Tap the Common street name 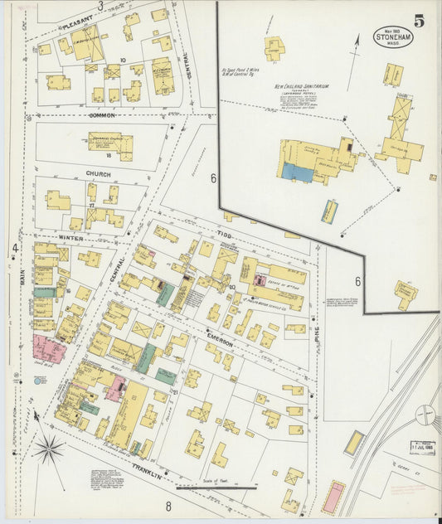click(102, 115)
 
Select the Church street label click(98, 174)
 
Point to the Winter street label click(71, 238)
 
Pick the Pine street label click(317, 335)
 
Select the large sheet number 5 click(420, 22)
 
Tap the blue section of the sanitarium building click(297, 172)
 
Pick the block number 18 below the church click(108, 155)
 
